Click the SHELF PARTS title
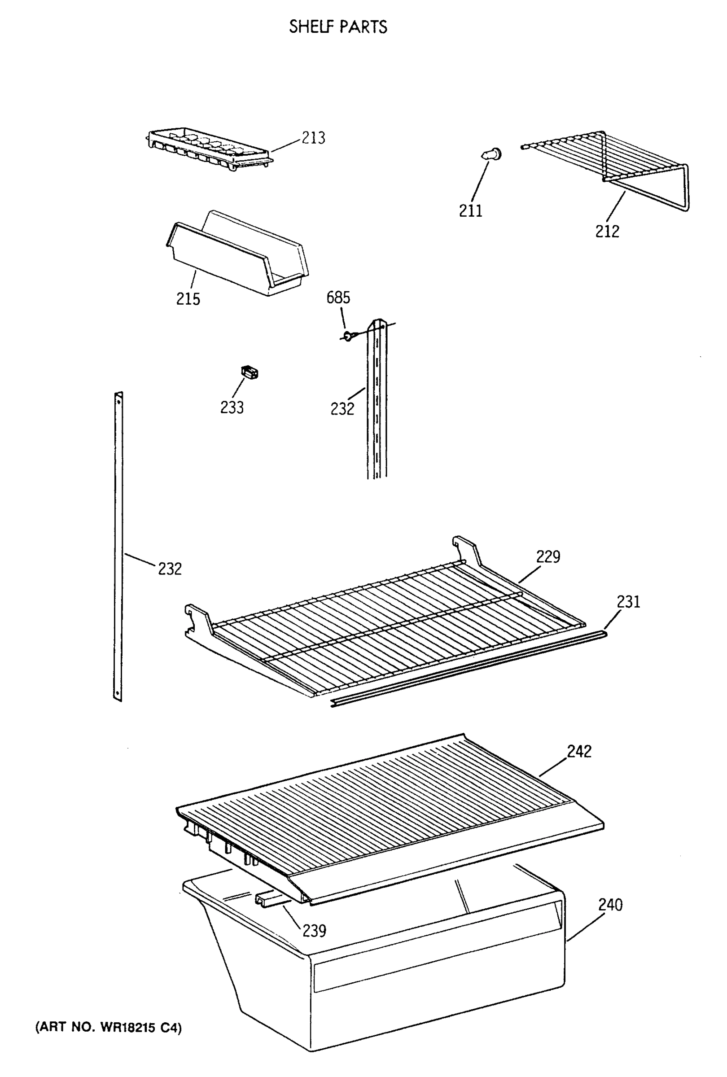pyautogui.click(x=338, y=27)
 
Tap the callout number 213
pyautogui.click(x=313, y=138)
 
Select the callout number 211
pyautogui.click(x=470, y=211)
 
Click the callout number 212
pyautogui.click(x=607, y=231)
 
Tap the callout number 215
pyautogui.click(x=188, y=299)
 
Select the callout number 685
pyautogui.click(x=338, y=298)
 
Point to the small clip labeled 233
pyautogui.click(x=249, y=372)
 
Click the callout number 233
pyautogui.click(x=232, y=407)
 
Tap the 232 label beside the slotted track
pyautogui.click(x=342, y=409)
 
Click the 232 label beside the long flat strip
pyautogui.click(x=170, y=569)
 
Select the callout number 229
pyautogui.click(x=548, y=556)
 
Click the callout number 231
pyautogui.click(x=628, y=601)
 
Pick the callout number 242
pyautogui.click(x=579, y=751)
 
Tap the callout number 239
pyautogui.click(x=314, y=931)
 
